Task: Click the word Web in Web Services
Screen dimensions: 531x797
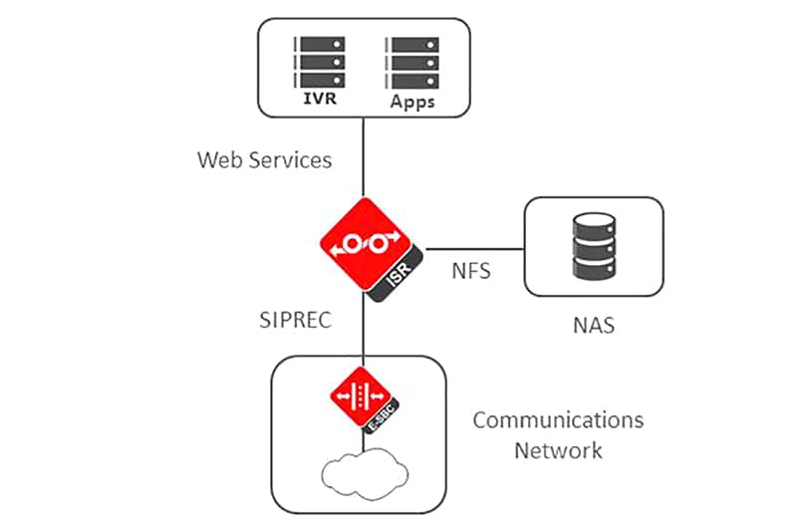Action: click(218, 159)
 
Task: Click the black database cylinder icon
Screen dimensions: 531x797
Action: click(594, 245)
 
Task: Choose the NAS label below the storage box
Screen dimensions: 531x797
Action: click(593, 325)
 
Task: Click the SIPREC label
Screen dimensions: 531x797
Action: click(294, 319)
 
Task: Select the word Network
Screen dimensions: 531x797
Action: click(558, 450)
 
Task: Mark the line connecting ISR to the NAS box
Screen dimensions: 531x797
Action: click(473, 247)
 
